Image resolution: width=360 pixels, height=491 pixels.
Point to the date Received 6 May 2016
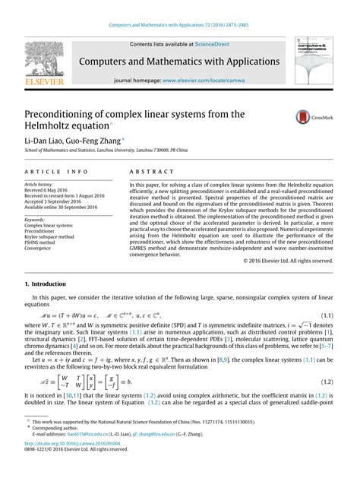click(x=51, y=190)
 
